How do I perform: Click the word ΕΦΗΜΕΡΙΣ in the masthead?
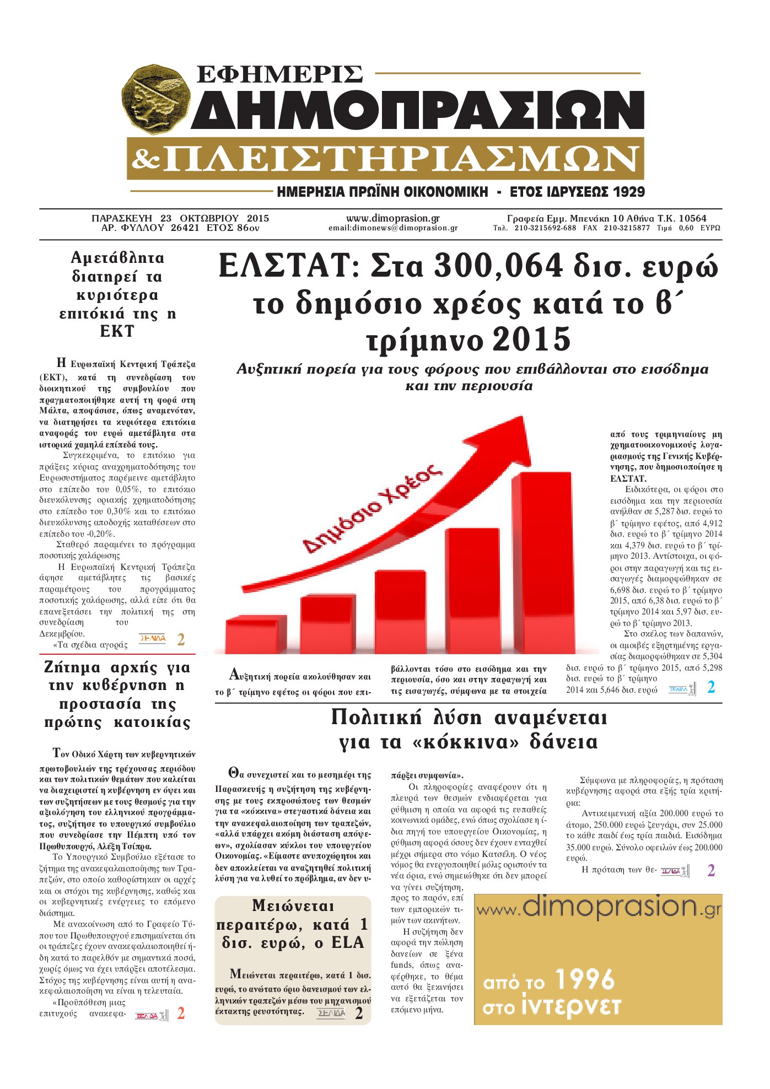click(279, 74)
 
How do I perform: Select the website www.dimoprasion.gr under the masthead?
click(392, 218)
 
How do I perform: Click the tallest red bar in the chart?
click(542, 562)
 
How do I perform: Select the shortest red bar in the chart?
click(256, 634)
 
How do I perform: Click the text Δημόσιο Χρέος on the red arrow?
click(374, 508)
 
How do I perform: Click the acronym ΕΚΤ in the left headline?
click(117, 331)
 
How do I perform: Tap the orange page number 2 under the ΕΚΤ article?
click(181, 640)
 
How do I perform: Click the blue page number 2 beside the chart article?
click(711, 687)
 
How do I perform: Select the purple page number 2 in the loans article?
click(711, 871)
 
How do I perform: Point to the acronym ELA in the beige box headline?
click(348, 943)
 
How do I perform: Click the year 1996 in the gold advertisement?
click(584, 980)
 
